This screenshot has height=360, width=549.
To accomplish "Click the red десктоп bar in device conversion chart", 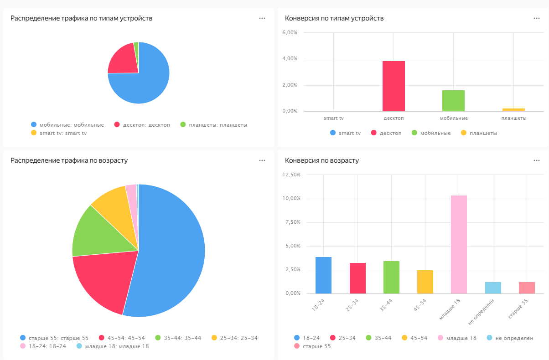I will pos(394,86).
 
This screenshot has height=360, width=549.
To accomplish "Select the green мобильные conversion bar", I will pos(453,101).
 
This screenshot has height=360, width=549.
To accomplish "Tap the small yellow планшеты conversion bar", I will pos(513,110).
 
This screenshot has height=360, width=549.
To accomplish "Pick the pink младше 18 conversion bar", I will pos(459,244).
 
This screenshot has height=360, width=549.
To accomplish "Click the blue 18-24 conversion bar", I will pos(323,275).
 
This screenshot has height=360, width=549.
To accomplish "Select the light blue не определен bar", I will pos(493,288).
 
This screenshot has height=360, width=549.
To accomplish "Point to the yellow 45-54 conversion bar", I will pos(425,282).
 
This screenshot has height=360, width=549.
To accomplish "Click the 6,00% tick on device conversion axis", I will pos(290,33).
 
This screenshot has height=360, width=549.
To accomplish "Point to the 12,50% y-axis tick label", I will pos(291,175).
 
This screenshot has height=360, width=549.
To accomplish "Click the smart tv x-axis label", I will pos(334,118).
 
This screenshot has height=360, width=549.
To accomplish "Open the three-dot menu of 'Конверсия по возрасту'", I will pos(536,160).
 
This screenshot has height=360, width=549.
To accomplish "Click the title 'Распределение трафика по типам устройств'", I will pos(81,18).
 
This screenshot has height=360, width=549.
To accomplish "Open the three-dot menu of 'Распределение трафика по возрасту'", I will pos(262,160).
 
